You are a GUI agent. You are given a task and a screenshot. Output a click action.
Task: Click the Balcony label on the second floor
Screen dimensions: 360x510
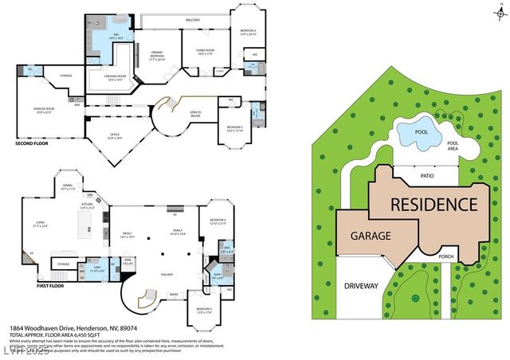(x=192, y=20)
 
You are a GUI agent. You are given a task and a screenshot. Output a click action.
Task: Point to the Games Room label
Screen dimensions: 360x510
(x=206, y=53)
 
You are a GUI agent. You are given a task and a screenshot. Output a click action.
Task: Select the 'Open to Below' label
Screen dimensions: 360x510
(x=194, y=113)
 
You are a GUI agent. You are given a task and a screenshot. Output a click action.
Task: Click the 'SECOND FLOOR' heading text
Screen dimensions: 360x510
(x=31, y=143)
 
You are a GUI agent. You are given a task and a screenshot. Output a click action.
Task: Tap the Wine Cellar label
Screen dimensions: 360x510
(x=127, y=260)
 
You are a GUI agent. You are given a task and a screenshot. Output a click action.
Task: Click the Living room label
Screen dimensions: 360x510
(x=40, y=224)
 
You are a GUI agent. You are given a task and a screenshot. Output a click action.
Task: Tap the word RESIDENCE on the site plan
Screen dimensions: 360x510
(x=433, y=204)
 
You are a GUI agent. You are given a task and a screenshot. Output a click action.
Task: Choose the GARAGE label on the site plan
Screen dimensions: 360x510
(x=371, y=237)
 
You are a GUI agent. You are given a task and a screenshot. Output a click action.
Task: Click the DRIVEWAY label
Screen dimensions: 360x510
(x=363, y=285)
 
